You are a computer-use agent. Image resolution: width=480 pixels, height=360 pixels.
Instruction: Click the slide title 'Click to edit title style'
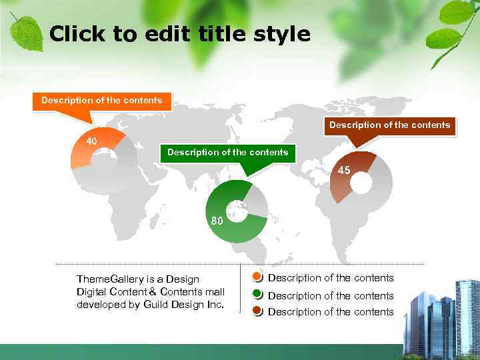180,34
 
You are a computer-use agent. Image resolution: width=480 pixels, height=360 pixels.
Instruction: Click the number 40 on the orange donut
92,141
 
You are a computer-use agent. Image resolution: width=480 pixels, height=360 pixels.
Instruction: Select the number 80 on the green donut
217,221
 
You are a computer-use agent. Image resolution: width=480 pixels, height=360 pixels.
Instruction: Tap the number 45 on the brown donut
344,171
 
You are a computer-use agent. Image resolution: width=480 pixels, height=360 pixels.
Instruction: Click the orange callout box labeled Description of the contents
101,101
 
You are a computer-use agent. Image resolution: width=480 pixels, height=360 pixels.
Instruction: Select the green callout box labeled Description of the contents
227,153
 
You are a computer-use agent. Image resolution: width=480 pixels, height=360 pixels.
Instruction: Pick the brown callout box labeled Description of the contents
389,125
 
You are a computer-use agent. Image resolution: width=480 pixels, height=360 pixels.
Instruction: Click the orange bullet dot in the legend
258,277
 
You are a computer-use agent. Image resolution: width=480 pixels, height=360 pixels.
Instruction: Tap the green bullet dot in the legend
258,295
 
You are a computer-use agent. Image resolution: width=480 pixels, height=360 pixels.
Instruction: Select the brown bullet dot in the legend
258,311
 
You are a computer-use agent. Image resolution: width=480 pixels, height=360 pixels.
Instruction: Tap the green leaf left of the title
26,31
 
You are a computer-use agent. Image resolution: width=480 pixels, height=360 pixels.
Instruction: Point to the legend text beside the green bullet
331,295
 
